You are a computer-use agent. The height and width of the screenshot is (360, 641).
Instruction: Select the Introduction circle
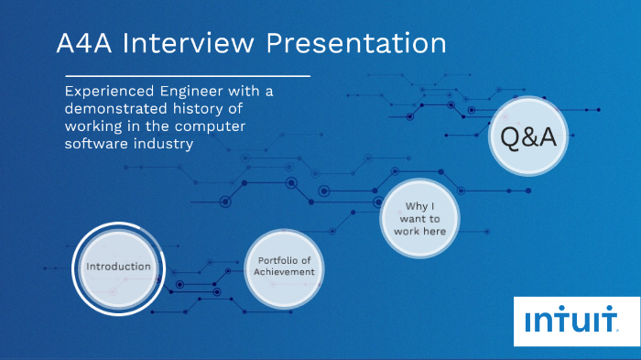[118, 267]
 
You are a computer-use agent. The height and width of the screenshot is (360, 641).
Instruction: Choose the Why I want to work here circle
[420, 219]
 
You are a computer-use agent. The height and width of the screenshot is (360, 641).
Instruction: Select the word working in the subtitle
[96, 127]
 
